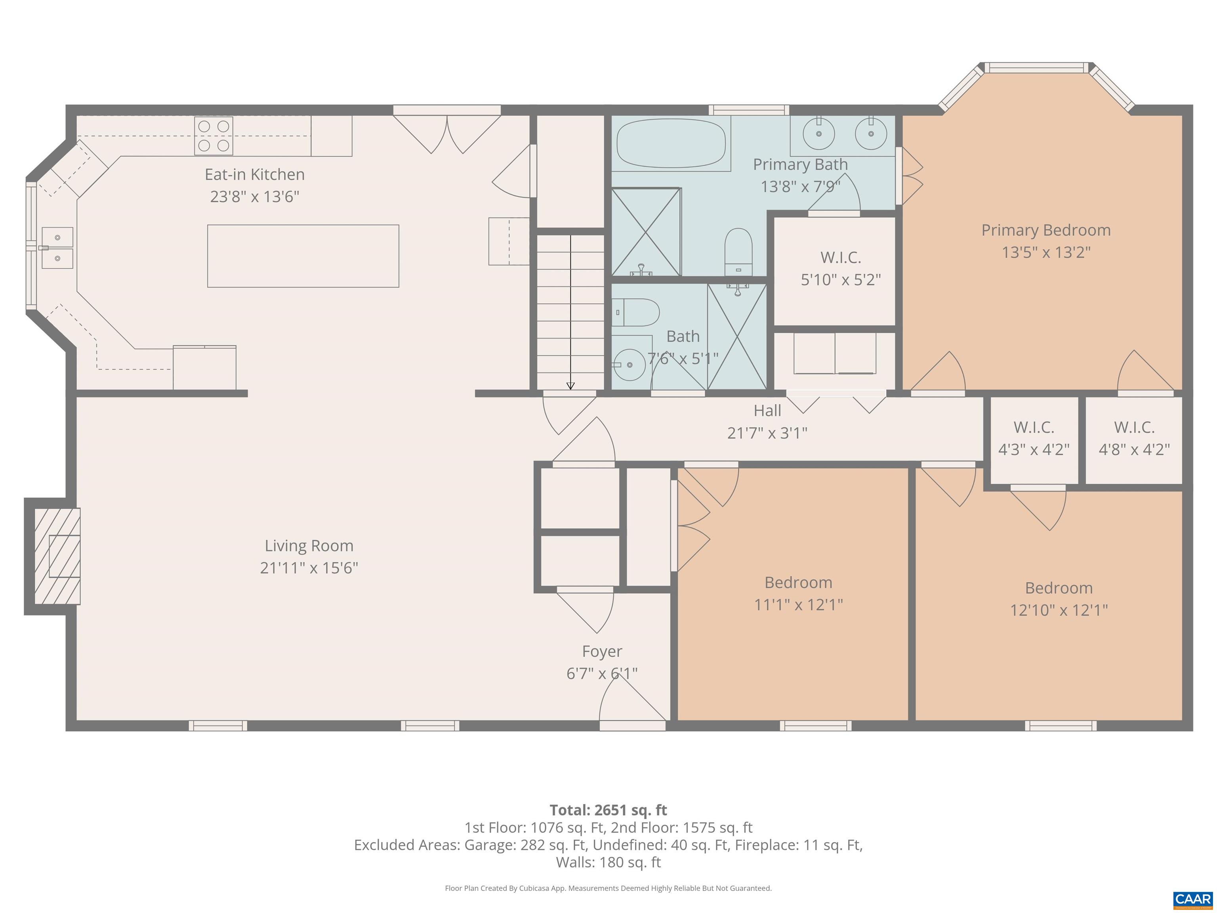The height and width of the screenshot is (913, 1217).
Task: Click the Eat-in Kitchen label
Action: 254,174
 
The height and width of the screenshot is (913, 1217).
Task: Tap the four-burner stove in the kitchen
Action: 214,136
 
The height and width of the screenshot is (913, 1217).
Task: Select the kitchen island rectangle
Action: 303,256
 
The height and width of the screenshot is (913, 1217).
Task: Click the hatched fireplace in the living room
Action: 57,556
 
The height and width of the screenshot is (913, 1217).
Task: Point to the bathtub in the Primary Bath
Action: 671,143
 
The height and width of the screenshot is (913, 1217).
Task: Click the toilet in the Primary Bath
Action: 738,252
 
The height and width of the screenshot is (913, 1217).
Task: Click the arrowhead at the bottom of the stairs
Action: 570,386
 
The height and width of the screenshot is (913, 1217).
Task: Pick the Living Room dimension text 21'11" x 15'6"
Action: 309,568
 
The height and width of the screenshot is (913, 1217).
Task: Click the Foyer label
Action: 602,651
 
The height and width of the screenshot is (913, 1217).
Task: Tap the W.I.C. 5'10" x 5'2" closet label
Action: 840,258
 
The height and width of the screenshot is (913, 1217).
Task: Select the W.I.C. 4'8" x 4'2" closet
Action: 1134,439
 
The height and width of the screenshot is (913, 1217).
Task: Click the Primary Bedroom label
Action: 1045,230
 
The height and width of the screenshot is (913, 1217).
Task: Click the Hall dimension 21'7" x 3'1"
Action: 767,433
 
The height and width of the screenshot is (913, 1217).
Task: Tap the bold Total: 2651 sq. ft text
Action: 608,810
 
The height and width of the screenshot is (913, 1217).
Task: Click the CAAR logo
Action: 1192,899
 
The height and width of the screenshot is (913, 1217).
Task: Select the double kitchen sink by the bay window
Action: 57,248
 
